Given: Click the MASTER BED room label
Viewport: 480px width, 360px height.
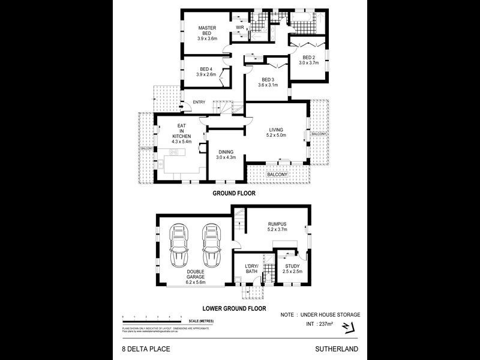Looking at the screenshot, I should pyautogui.click(x=206, y=31).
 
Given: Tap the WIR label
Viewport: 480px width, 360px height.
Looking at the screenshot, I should pyautogui.click(x=239, y=27).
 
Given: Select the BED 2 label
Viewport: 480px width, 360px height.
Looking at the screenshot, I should pyautogui.click(x=308, y=57).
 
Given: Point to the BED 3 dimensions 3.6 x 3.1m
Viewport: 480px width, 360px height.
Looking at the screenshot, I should pyautogui.click(x=268, y=86).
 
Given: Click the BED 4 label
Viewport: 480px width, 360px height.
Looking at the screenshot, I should pyautogui.click(x=206, y=69).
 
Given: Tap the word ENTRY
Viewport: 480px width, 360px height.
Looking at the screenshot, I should pyautogui.click(x=199, y=102).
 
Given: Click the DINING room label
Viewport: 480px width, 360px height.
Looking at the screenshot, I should pyautogui.click(x=226, y=152).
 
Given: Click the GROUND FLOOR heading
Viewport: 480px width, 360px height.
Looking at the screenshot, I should pyautogui.click(x=235, y=194).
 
